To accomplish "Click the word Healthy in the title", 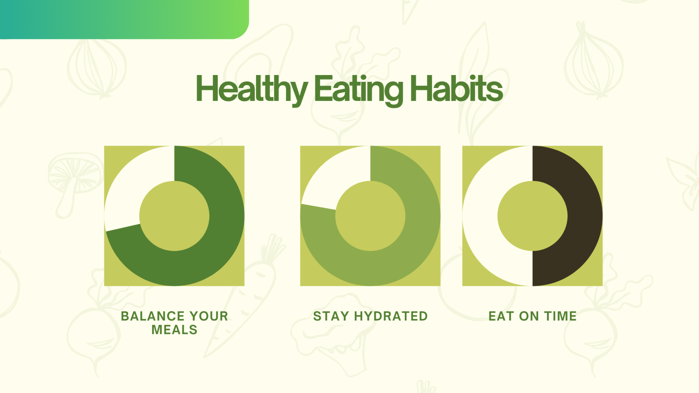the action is tap(252, 89).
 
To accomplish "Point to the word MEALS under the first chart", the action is tap(174, 330).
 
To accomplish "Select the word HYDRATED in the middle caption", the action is tap(391, 316).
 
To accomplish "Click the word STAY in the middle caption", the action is tap(331, 316).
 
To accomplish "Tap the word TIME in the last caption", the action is tap(560, 316).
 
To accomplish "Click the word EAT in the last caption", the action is tap(501, 316).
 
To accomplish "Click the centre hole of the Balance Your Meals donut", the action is tap(174, 216).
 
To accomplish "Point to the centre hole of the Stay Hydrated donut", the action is tap(370, 216).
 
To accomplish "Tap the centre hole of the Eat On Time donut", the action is tap(532, 216).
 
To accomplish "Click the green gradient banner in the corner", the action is tap(124, 19).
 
